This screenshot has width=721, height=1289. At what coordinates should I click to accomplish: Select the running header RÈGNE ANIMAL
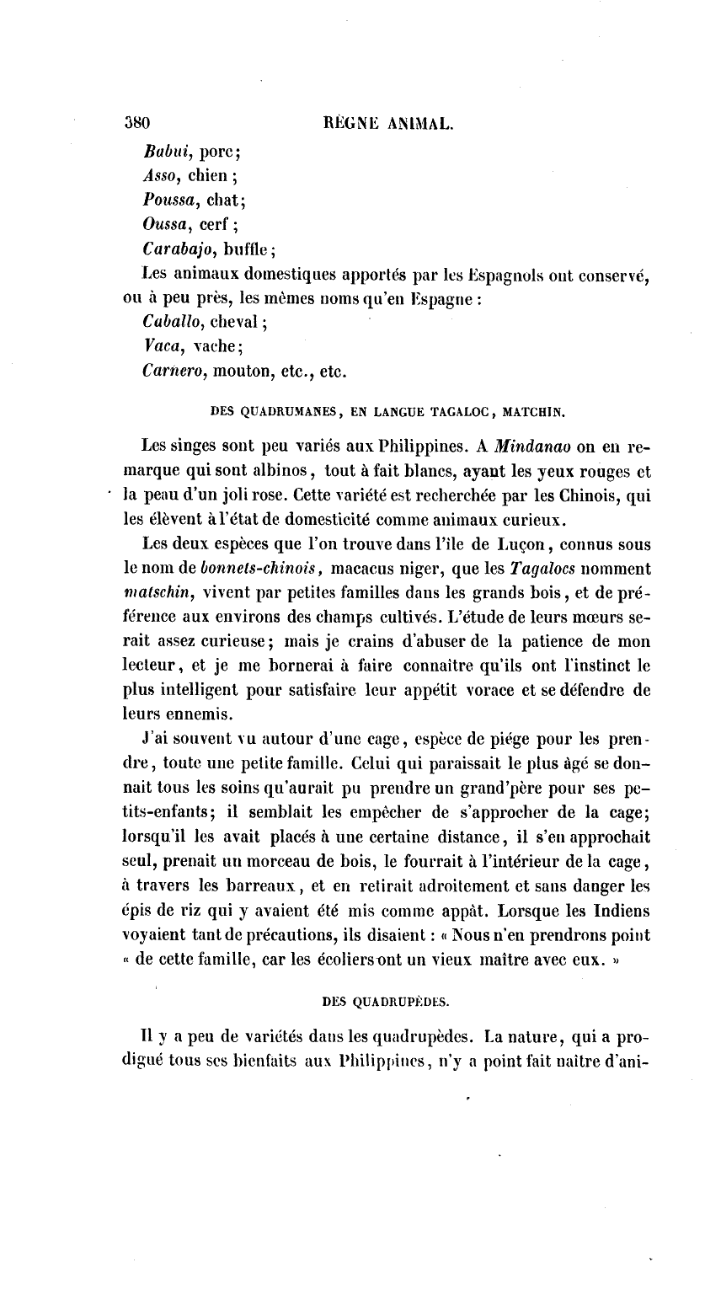[x=388, y=126]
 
